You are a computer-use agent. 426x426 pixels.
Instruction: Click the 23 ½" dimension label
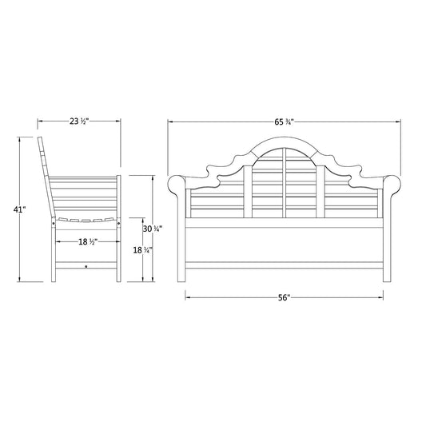click(x=79, y=121)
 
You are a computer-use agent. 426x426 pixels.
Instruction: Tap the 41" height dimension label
click(x=19, y=209)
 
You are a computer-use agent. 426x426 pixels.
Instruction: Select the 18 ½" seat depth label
click(x=88, y=241)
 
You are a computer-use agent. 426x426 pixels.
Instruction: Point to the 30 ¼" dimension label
click(x=153, y=229)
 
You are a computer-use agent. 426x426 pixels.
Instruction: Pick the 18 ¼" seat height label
click(x=142, y=250)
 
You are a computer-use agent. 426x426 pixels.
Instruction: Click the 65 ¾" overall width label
click(x=284, y=122)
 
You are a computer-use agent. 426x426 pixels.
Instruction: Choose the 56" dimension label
click(x=285, y=298)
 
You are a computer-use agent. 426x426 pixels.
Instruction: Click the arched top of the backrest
click(x=285, y=142)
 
